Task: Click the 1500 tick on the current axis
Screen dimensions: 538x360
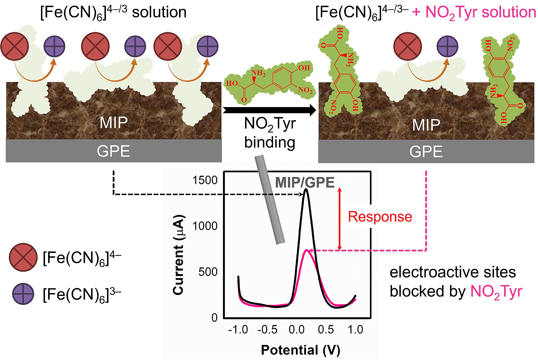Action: tap(205, 180)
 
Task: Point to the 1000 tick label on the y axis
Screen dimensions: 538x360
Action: tap(205, 226)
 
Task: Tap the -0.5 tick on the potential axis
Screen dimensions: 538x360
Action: tap(267, 330)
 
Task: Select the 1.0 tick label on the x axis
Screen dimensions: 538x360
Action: tap(356, 330)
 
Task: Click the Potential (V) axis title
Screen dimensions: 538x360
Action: tap(301, 350)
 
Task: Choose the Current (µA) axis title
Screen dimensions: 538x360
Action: tap(179, 255)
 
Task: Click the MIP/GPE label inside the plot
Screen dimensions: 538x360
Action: tap(305, 183)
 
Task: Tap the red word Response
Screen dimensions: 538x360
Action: tap(380, 217)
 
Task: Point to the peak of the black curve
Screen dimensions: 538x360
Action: tap(306, 189)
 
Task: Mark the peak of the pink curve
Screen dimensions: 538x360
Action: tap(307, 250)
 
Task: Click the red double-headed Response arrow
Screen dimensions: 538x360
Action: tap(339, 219)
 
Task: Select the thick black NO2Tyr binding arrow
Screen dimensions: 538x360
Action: tap(269, 110)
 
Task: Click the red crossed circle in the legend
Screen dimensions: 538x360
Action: tap(23, 257)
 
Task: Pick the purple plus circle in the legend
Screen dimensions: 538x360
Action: tap(23, 294)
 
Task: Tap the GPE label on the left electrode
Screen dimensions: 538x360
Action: tap(113, 151)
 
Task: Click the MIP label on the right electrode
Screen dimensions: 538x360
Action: tap(426, 125)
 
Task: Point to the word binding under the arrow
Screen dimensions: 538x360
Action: tap(270, 142)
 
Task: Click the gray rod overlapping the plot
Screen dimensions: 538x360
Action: tap(270, 199)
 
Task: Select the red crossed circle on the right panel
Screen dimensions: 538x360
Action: tap(408, 46)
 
